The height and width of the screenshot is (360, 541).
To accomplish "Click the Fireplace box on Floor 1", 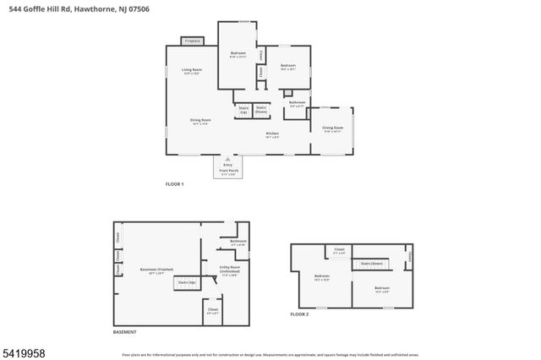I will point(192,40).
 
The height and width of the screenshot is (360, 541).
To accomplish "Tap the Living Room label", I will point(192,71).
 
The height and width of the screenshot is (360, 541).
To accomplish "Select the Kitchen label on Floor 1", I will point(272,134).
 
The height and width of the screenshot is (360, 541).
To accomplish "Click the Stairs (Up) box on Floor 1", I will point(243,109).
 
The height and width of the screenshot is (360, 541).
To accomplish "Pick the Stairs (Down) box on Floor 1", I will point(261,109).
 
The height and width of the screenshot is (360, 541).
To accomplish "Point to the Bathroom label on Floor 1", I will point(297,104).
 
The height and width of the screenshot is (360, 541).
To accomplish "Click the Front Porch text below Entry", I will point(228,171).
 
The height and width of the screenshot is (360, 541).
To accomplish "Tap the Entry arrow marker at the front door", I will point(228,159).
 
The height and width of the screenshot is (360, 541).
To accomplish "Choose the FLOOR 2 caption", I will point(299,314).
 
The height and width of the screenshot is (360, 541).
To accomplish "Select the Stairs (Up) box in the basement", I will point(187,282).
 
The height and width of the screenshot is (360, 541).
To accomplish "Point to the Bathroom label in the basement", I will point(238,242).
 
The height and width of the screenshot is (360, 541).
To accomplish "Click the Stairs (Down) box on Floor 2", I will point(372,264).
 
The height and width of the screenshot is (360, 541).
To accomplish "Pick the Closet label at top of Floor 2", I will point(339,250).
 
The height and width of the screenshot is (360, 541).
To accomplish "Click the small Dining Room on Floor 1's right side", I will point(332,128).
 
